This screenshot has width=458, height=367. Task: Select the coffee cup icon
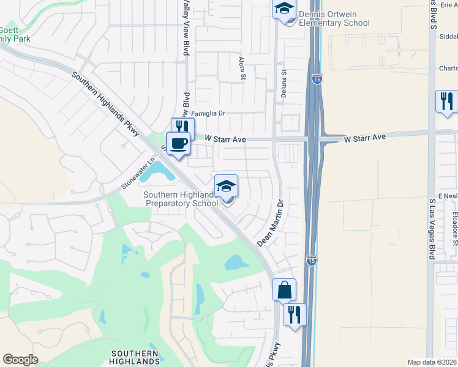tap(178, 144)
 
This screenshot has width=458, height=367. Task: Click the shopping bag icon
tap(285, 289)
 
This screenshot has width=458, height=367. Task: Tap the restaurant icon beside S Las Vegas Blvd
tap(447, 100)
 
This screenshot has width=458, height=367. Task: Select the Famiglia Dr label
tap(209, 114)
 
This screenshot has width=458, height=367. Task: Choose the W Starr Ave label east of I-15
tap(365, 139)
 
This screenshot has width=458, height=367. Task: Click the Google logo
tap(20, 360)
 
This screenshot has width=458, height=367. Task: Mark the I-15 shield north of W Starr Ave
tap(316, 80)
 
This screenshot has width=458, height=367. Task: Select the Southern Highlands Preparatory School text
tap(180, 199)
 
